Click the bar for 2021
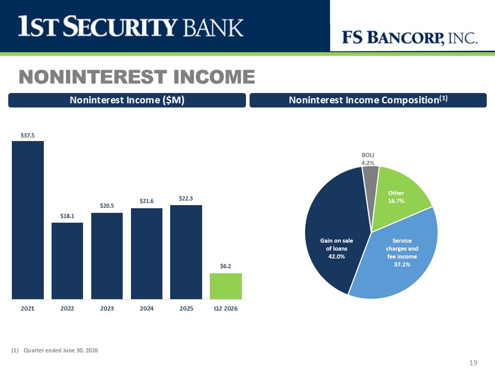(28, 220)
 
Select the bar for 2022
(67, 260)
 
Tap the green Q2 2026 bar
(226, 286)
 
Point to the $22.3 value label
(186, 198)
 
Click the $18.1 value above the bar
(67, 216)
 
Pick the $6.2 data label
(226, 266)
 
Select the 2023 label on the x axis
(107, 308)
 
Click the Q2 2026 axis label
(226, 308)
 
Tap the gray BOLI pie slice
(371, 183)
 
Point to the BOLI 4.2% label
(368, 159)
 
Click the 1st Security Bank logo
(130, 26)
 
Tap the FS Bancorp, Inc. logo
(409, 38)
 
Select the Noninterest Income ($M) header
(127, 100)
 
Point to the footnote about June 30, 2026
(55, 350)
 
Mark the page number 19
(473, 363)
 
